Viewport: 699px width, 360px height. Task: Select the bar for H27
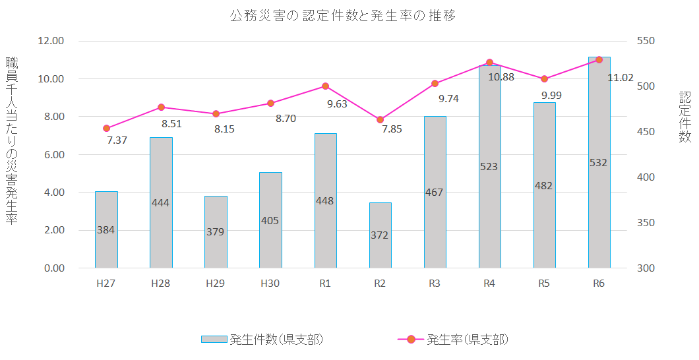coord(106,229)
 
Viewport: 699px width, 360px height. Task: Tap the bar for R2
coord(380,235)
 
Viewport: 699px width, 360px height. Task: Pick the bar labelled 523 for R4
coord(489,167)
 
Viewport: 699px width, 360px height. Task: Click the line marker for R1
coord(325,86)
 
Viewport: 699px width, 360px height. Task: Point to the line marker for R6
coord(599,60)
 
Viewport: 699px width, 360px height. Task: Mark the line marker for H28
coord(161,107)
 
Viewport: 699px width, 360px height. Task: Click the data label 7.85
coord(392,129)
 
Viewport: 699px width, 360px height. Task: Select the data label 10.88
coord(501,76)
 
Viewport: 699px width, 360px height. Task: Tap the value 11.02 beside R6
coord(621,78)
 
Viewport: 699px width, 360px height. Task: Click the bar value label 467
coord(435,193)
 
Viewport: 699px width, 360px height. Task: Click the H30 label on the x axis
coord(270,284)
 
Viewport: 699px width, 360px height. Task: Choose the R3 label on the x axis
coord(435,284)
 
